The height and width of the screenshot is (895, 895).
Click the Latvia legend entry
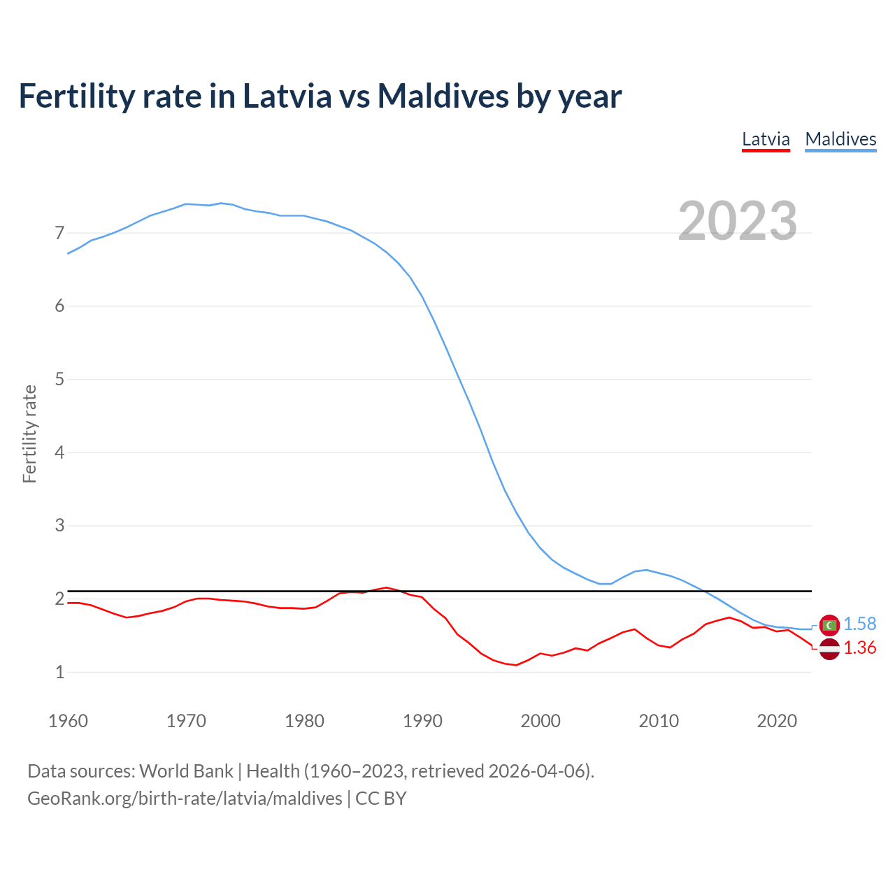(766, 139)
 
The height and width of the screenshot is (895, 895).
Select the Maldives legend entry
(840, 139)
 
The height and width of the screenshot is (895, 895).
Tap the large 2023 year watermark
(738, 221)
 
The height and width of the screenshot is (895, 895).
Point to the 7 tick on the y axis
(59, 233)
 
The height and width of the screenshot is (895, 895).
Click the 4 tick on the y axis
(59, 452)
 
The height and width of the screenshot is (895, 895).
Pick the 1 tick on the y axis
(59, 672)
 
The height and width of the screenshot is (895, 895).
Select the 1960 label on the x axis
(68, 721)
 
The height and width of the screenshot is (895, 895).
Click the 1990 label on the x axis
(422, 721)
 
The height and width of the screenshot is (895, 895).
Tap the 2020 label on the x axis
(777, 721)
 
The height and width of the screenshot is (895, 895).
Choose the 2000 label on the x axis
(540, 721)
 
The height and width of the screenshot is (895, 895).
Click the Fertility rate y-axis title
(29, 434)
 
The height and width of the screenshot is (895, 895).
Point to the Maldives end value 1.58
(859, 624)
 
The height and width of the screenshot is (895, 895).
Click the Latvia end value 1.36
(859, 648)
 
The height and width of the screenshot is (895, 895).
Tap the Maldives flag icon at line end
(829, 625)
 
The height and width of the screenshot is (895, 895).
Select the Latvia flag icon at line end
(829, 649)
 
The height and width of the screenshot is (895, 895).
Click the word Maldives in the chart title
(443, 96)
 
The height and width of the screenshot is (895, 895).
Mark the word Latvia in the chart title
(287, 96)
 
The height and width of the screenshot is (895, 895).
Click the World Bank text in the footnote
(186, 771)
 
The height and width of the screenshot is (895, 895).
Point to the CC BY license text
(381, 799)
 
